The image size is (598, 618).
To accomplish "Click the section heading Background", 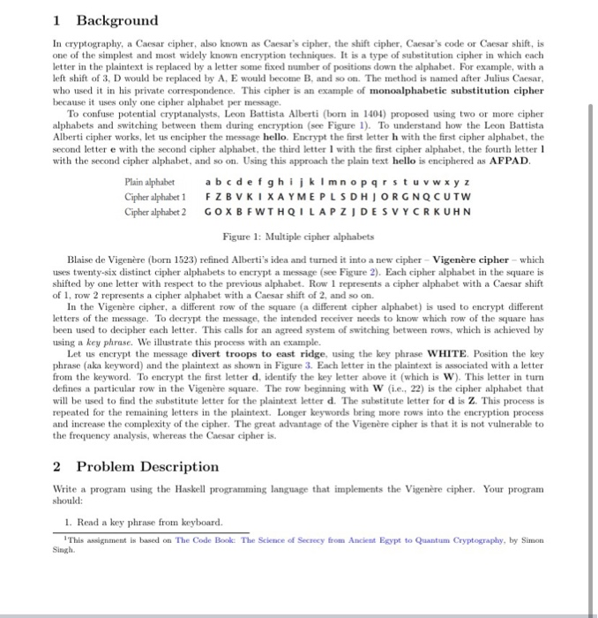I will pyautogui.click(x=116, y=19).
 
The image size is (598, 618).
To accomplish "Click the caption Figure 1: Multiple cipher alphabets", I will pyautogui.click(x=298, y=237).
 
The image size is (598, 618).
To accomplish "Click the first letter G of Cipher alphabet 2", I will pyautogui.click(x=207, y=212).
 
